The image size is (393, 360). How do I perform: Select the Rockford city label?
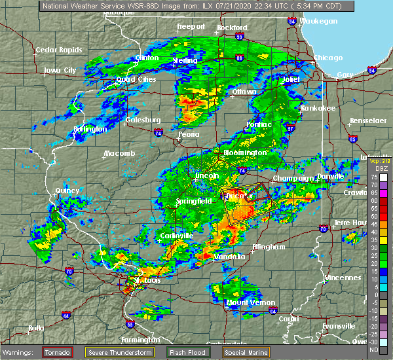(232, 27)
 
